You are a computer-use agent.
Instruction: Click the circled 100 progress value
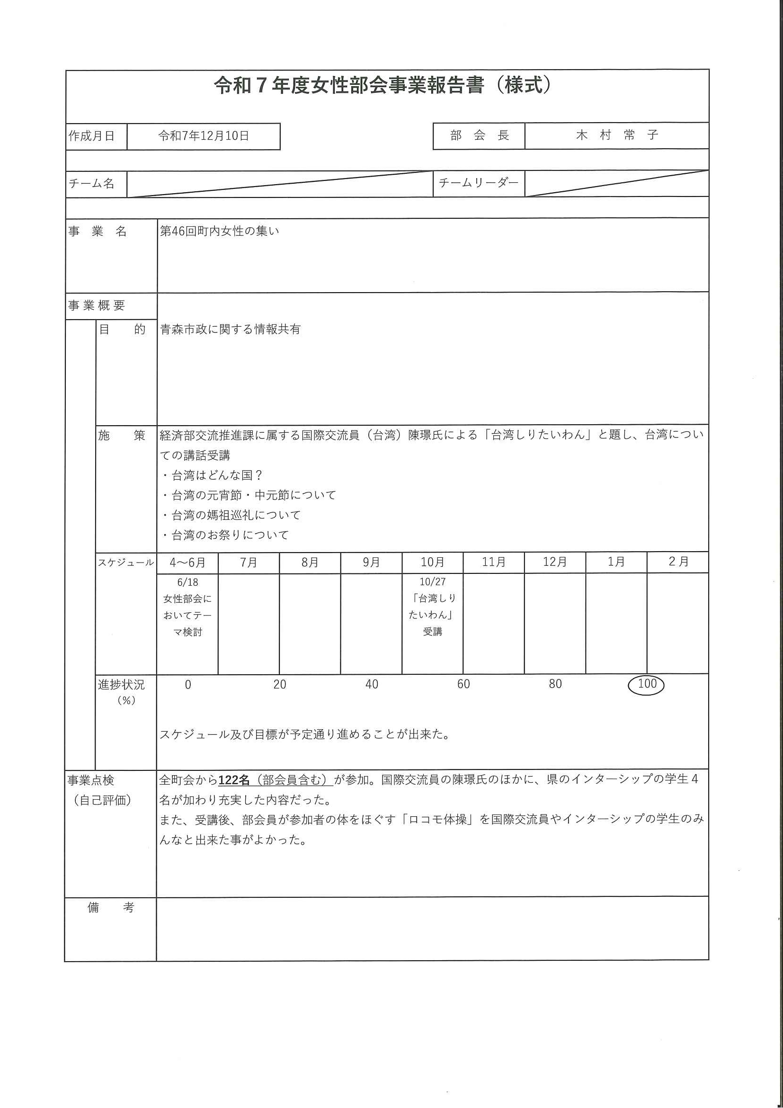pos(647,684)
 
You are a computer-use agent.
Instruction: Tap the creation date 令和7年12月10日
pos(203,136)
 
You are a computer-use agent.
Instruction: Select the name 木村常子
pos(616,135)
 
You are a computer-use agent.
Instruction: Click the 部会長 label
pos(479,135)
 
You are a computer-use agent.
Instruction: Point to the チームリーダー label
pos(479,183)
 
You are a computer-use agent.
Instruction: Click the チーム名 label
pos(92,184)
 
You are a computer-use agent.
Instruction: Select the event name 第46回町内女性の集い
pos(220,231)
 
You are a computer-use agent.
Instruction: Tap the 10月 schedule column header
pos(432,562)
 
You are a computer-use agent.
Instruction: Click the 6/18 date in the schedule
pos(187,582)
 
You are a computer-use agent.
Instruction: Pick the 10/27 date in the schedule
pos(432,582)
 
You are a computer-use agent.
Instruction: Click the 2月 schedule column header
pos(678,562)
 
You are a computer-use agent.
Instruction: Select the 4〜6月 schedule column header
pos(187,563)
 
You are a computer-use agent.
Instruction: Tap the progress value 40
pos(372,684)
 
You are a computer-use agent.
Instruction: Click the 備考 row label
pos(110,908)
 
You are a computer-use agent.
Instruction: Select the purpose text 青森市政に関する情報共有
pos(230,330)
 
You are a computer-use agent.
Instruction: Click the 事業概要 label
pos(97,305)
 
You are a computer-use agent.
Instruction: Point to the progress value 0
pos(187,685)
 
